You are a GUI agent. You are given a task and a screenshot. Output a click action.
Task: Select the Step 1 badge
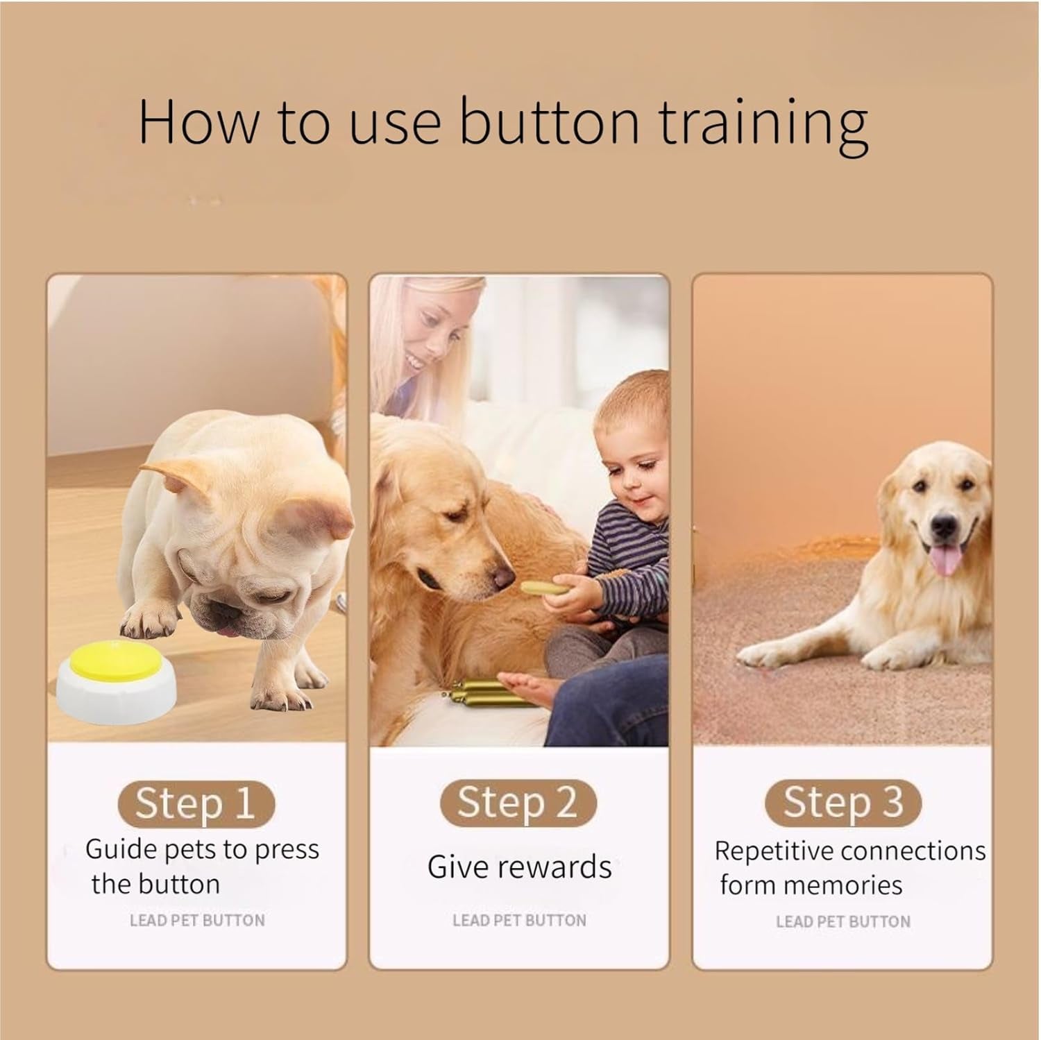(195, 803)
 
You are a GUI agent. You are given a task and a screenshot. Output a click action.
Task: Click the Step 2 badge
(518, 802)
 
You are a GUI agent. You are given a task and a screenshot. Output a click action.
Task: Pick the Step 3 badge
(843, 802)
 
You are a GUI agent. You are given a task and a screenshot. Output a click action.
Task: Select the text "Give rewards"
(519, 867)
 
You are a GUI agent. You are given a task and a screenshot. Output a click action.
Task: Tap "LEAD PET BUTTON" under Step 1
(197, 921)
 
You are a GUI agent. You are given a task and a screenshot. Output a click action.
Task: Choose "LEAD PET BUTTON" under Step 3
(843, 921)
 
